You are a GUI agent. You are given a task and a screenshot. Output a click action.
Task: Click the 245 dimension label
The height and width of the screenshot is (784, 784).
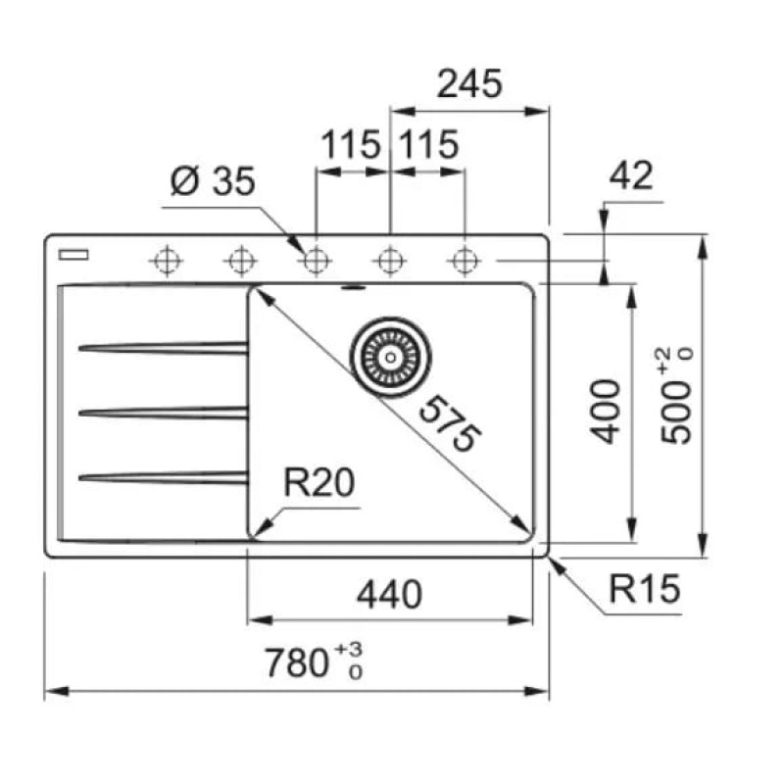click(469, 83)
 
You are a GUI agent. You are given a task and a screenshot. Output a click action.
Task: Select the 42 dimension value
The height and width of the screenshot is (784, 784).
click(631, 175)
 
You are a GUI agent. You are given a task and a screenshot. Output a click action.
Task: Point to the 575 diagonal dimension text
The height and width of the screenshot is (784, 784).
click(450, 424)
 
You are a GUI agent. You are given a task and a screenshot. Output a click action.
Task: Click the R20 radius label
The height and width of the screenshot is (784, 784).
click(319, 482)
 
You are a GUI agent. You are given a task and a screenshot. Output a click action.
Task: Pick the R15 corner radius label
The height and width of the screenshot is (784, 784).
click(645, 589)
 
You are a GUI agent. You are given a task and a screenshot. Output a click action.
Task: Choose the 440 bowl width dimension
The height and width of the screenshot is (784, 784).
click(389, 595)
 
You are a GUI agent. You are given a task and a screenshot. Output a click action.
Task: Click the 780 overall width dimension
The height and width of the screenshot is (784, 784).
click(296, 663)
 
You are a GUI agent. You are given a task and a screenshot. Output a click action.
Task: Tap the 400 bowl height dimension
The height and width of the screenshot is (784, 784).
click(605, 412)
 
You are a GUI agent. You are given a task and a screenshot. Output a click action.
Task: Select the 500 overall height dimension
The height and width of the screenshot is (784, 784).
click(675, 412)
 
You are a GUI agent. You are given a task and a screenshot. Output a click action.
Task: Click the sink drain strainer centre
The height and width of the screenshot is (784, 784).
click(390, 358)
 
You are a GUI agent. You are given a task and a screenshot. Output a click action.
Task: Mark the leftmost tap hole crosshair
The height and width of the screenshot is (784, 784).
click(167, 261)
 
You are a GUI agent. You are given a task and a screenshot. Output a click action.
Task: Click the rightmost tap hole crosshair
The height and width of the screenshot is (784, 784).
click(465, 261)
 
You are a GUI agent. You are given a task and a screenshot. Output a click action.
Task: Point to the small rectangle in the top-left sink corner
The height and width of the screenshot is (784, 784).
click(73, 255)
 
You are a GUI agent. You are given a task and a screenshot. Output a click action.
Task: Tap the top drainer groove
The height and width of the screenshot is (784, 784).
click(163, 347)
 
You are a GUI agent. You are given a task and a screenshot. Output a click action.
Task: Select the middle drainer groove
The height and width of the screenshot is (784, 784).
click(163, 413)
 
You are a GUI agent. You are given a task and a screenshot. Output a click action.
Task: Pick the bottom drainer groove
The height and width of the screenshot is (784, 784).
click(163, 477)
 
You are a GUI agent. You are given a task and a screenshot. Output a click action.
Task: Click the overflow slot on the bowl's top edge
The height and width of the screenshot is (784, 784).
click(354, 288)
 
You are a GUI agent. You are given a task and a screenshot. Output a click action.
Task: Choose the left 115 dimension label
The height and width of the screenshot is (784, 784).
click(351, 144)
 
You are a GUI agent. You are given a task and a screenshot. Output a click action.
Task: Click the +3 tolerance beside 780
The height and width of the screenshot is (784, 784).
click(349, 650)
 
